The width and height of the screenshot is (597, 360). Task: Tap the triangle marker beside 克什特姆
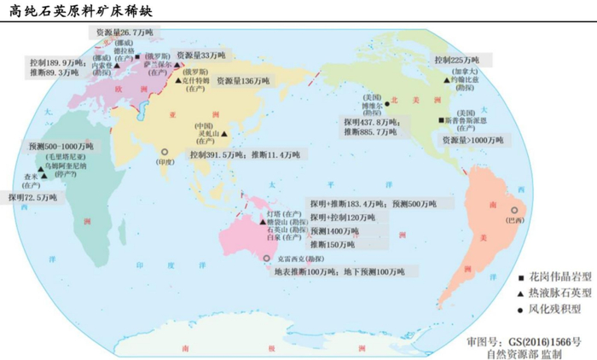pos(179,78)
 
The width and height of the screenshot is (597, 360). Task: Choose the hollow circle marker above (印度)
pos(164,151)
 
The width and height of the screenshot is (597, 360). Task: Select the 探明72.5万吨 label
pos(34,197)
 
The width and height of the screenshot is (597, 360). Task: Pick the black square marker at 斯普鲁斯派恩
pos(441,121)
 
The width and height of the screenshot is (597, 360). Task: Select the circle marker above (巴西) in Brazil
pos(514,210)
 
